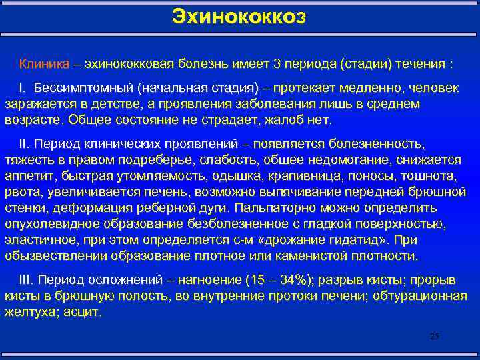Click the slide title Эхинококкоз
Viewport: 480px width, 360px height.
tap(239, 15)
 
